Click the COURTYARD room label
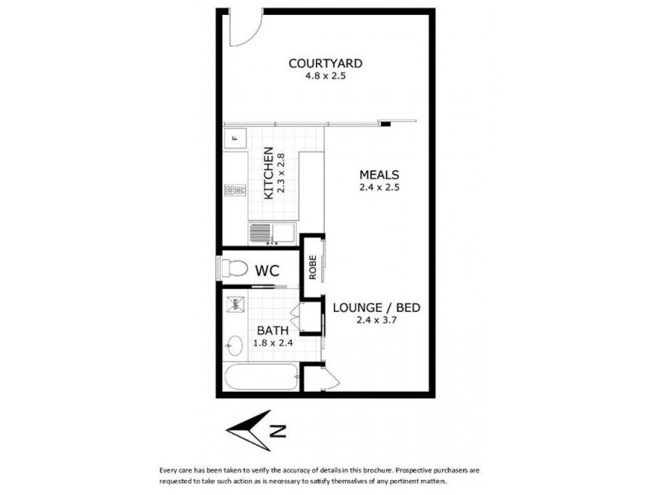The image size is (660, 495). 325,63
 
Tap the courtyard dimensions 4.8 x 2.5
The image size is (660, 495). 325,77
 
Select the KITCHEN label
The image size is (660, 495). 268,173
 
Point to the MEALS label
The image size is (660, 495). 379,175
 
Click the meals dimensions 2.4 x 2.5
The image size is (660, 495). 379,188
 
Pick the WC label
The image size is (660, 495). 266,270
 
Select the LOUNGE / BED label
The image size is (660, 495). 377,308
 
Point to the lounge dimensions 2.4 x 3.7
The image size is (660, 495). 377,321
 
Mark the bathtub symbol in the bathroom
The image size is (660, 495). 261,381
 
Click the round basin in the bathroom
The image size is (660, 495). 233,346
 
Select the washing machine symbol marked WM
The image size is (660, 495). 233,303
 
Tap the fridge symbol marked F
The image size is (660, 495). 234,138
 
